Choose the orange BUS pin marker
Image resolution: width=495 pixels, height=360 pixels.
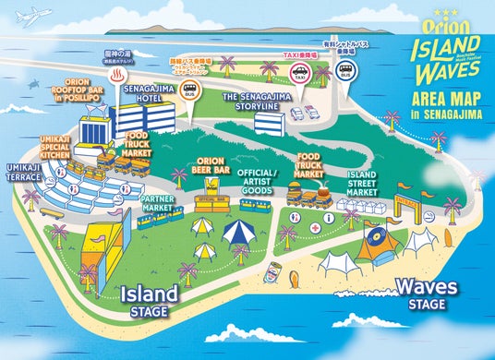(190, 93)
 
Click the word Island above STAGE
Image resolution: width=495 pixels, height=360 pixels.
(149, 294)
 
